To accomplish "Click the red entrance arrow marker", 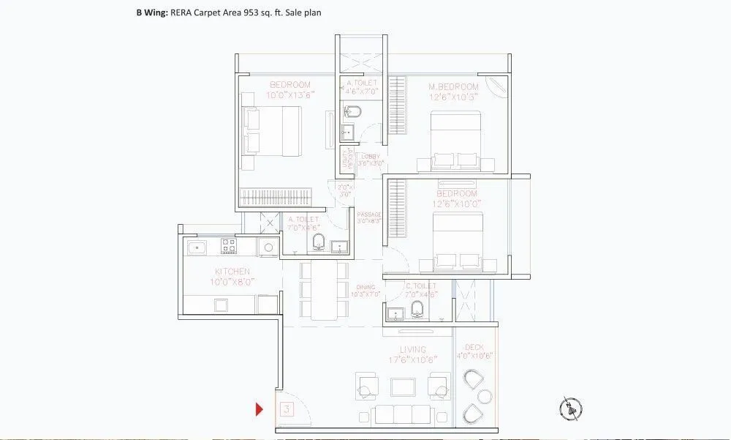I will click(x=259, y=409).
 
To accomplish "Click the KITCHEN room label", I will click(x=232, y=272).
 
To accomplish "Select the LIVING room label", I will click(x=413, y=350).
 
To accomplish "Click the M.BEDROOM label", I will click(x=453, y=87).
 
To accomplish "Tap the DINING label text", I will click(x=365, y=288).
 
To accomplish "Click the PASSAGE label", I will click(x=369, y=215).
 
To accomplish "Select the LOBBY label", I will click(x=371, y=157).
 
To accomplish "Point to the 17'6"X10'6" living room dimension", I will click(x=413, y=359).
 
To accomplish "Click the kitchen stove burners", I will click(x=230, y=247).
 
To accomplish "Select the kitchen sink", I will click(x=197, y=247).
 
